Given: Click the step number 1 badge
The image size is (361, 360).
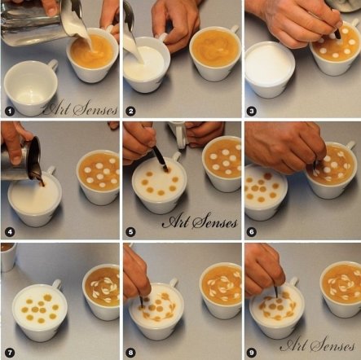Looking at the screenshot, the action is tap(10, 111).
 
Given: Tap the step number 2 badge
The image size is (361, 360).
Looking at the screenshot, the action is tap(131, 111).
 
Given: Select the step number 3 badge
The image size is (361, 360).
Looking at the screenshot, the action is tap(252, 111).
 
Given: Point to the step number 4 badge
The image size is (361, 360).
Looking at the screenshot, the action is tap(10, 232).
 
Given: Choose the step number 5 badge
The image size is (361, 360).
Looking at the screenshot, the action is tap(131, 232).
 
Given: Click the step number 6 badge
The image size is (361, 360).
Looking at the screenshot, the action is tap(252, 232).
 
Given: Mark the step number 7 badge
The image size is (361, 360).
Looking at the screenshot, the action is tap(10, 353).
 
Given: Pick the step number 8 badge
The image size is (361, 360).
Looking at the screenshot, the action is tap(131, 353).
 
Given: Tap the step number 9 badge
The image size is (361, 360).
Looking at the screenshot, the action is tap(252, 353).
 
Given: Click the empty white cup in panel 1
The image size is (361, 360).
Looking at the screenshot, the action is tap(30, 87).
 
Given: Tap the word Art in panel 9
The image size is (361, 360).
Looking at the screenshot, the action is tap(293, 345).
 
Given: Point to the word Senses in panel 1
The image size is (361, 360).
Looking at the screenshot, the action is tap(95, 109).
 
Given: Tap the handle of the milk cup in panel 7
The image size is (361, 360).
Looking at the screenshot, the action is tap(56, 283).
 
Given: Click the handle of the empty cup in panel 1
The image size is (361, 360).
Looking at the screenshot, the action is tap(53, 65).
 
